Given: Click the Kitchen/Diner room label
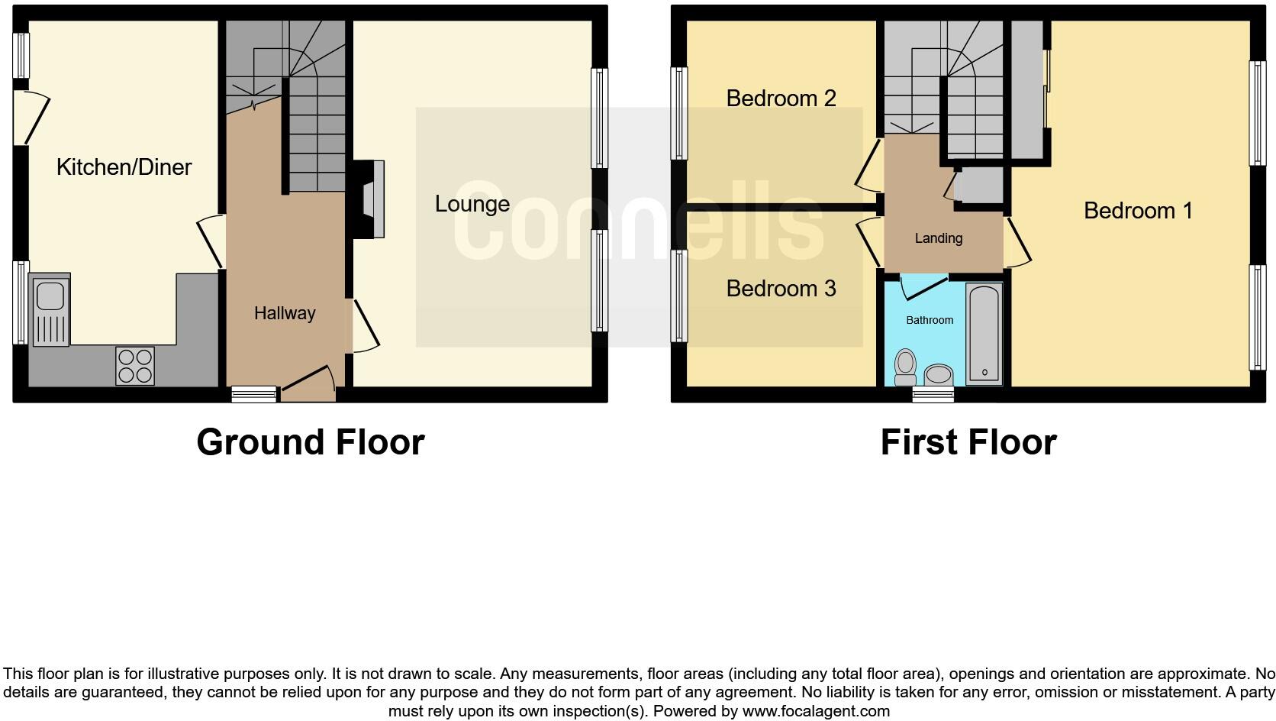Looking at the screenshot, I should (x=124, y=167).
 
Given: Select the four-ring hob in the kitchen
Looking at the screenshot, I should (x=134, y=365).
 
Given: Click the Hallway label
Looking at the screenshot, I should (x=285, y=313).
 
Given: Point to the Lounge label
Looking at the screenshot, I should (x=472, y=204).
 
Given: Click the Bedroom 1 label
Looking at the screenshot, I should (x=1137, y=211).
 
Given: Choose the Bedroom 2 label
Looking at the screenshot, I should (x=781, y=99).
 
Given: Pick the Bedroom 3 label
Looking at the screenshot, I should (x=781, y=289).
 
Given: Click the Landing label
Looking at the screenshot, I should (x=938, y=238).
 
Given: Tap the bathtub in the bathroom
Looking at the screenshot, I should (x=984, y=334).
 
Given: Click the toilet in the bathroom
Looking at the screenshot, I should (x=905, y=367).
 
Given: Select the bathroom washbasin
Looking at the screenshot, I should (x=938, y=374).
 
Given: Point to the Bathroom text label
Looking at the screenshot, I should (x=929, y=320).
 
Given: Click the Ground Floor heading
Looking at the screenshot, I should (x=310, y=442).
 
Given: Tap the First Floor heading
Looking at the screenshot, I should (x=968, y=442).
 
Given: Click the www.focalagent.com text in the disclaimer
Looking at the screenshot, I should (x=815, y=711).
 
